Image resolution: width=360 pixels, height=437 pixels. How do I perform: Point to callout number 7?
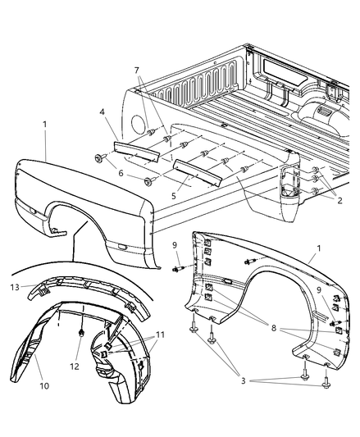coord(136,71)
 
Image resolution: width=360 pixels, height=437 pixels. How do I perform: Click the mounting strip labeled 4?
coord(126,147)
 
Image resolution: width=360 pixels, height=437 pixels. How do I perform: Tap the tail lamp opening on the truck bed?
coord(288,184)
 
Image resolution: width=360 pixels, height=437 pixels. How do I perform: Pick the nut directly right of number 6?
coord(148,180)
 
